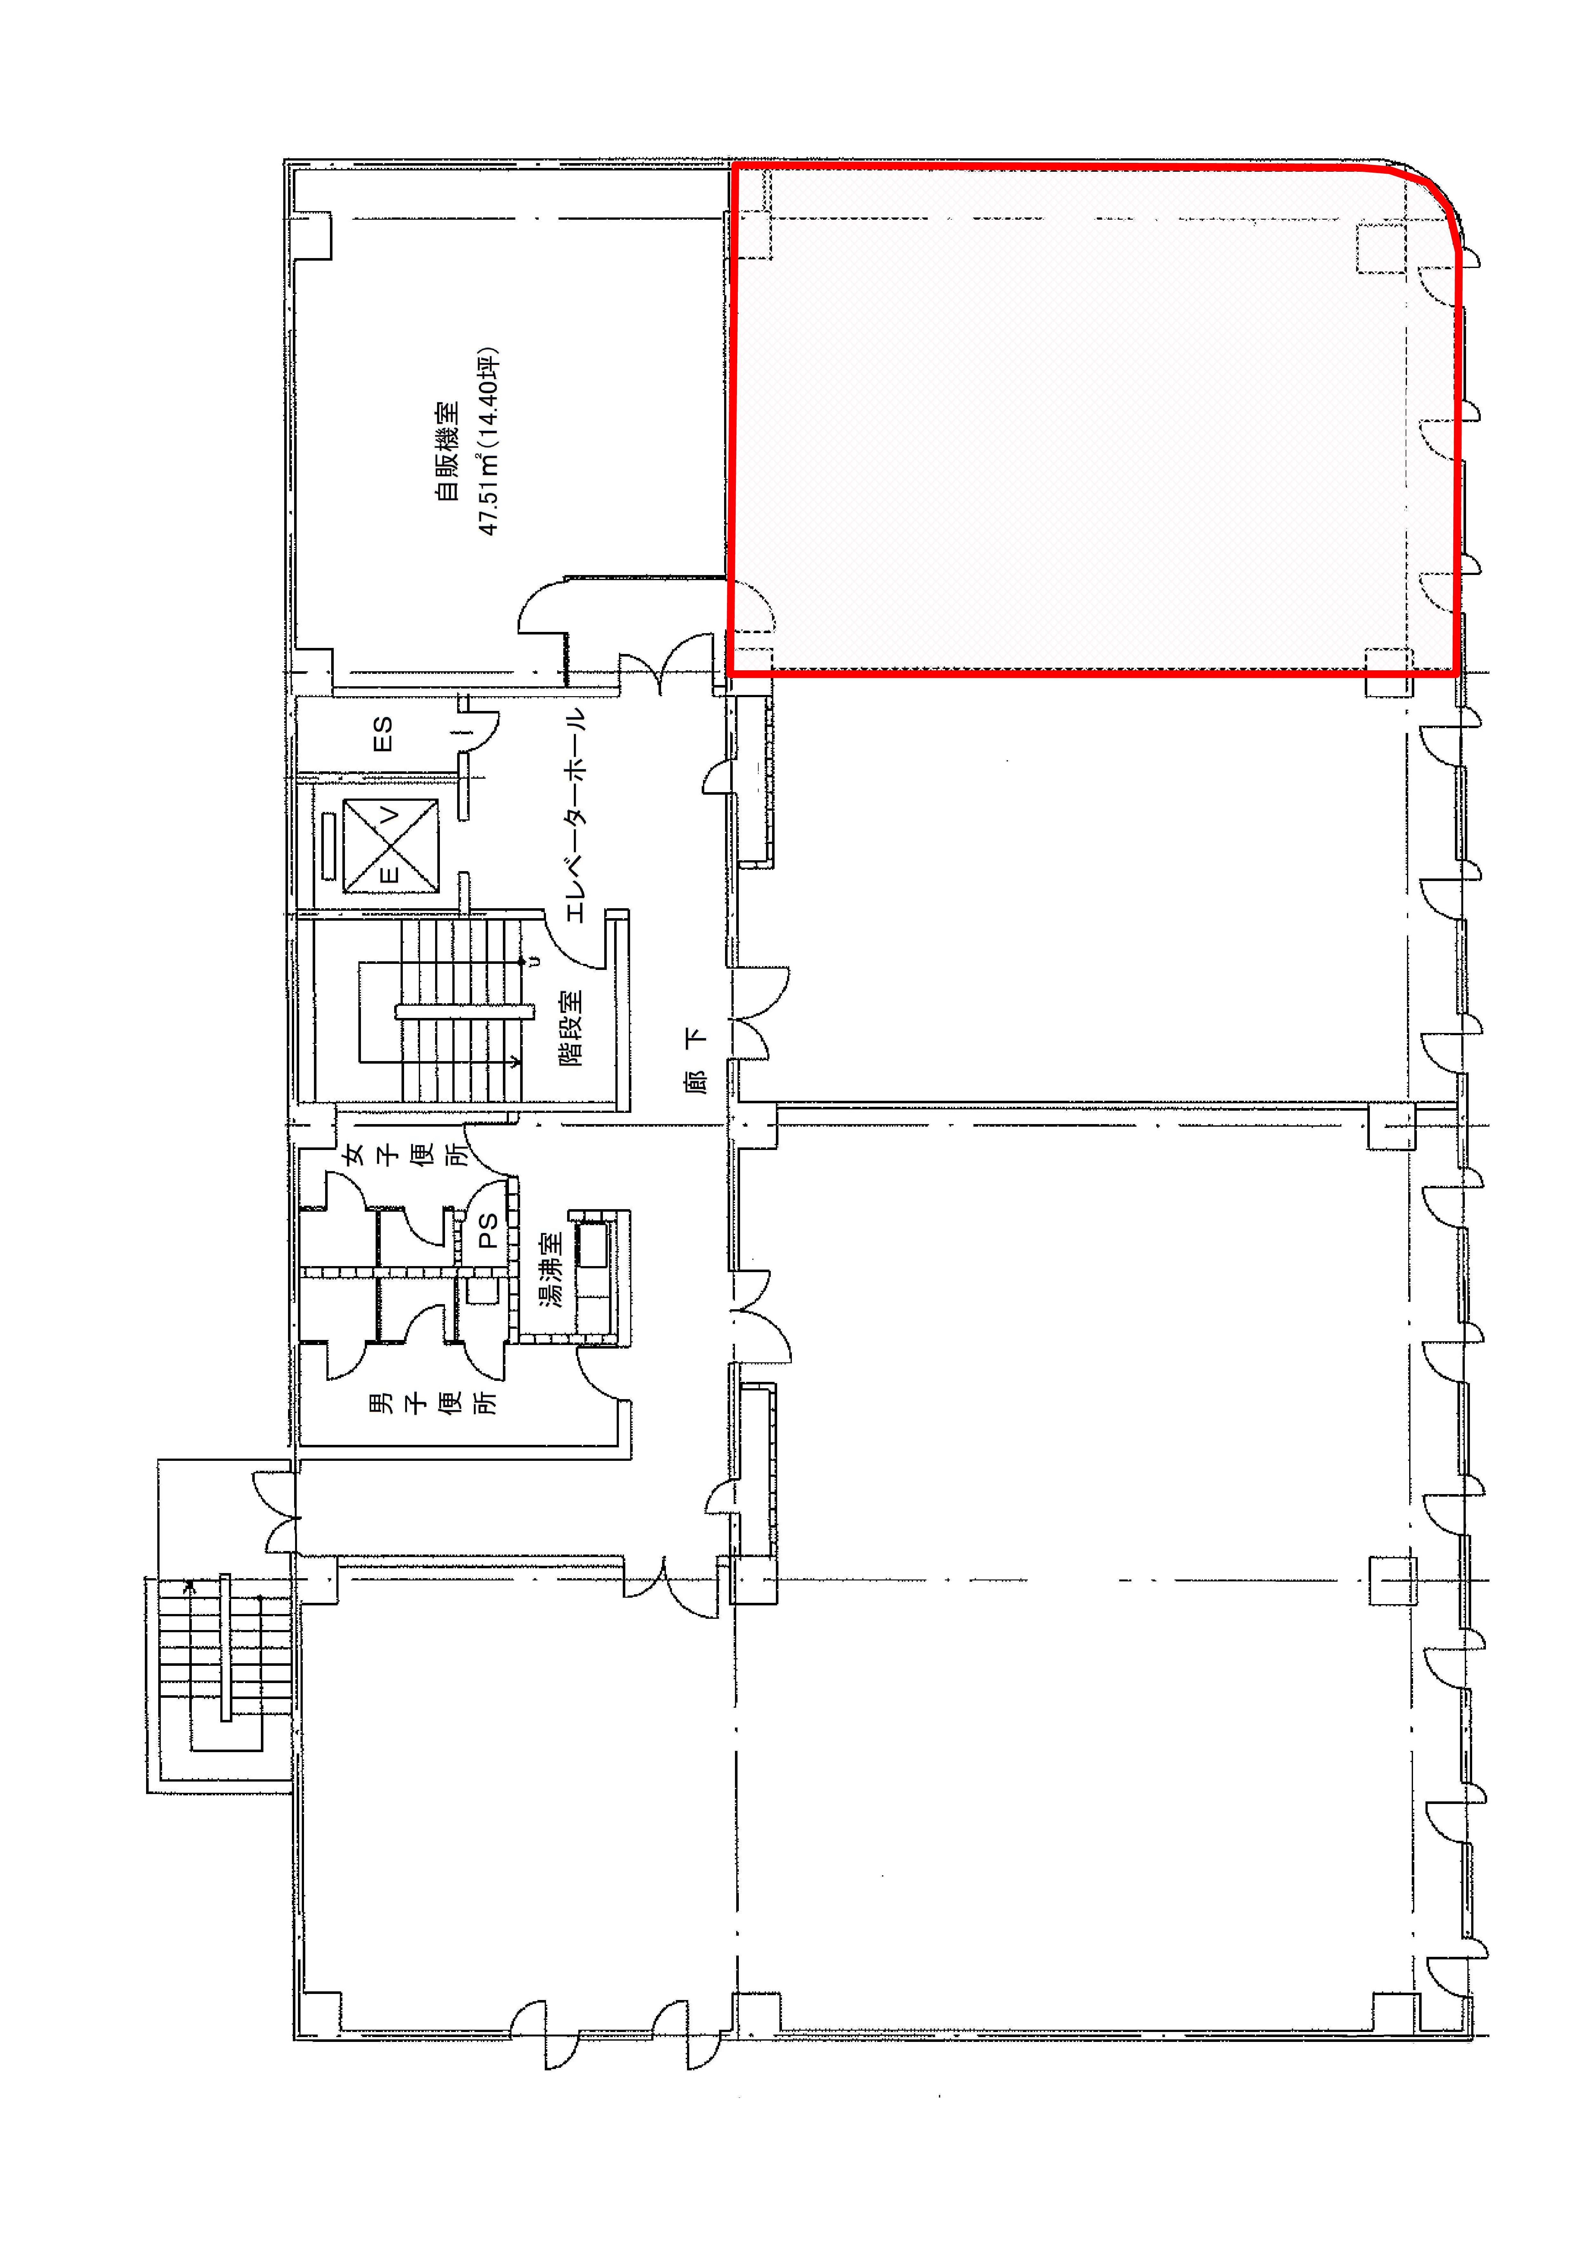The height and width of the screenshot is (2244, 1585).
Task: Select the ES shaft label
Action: tap(383, 734)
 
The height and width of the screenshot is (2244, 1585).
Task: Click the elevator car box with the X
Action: tap(390, 846)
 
